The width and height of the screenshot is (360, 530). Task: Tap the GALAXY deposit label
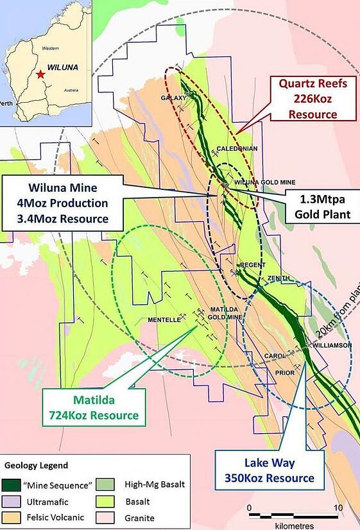(x=173, y=98)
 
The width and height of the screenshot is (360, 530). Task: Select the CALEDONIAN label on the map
(x=238, y=149)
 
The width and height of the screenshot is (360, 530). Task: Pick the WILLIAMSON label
(x=332, y=345)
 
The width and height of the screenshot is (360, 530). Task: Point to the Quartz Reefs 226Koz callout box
(x=312, y=98)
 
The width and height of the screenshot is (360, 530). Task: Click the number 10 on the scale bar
(x=338, y=508)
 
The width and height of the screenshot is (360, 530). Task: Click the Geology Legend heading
(x=37, y=465)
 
